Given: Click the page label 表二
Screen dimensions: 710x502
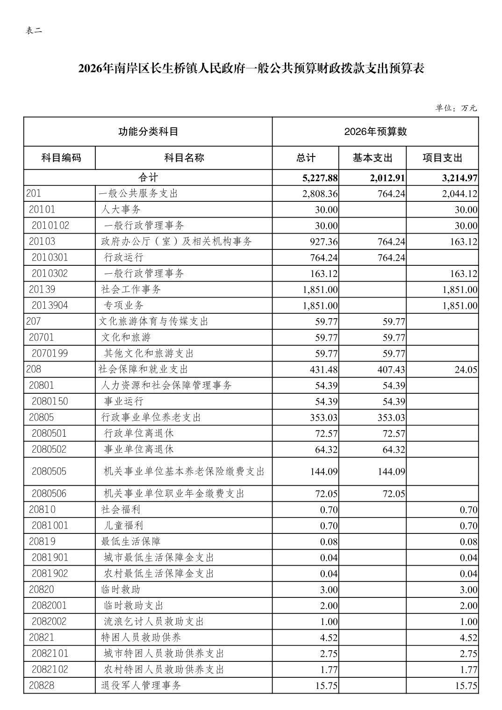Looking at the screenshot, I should point(34,31).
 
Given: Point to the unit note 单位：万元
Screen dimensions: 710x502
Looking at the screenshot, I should point(456,108).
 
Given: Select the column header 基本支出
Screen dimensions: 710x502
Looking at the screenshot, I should point(372,158).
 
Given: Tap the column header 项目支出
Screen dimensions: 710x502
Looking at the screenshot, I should point(442,158).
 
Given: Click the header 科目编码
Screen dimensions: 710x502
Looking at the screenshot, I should point(61,158).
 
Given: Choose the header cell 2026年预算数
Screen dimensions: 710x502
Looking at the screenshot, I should point(375,132).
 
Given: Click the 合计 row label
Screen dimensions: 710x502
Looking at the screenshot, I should point(148,177).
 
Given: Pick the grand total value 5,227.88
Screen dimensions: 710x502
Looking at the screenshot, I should point(320,178).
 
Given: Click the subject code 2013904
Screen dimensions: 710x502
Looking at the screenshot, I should point(50,305).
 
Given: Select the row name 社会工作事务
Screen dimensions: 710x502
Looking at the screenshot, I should point(131,290).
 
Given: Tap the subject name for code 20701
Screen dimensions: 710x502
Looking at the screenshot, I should point(126,337).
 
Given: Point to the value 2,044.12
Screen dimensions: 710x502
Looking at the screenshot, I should point(459,194).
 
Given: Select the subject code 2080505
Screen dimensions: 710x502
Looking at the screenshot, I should point(49,471).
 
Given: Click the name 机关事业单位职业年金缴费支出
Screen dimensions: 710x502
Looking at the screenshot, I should point(174,494).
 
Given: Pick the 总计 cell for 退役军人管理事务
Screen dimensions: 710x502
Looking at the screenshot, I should point(326,686).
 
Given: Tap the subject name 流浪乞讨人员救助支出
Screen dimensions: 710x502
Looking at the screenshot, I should point(154,622).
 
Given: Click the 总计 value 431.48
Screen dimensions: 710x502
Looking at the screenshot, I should point(323,370).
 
